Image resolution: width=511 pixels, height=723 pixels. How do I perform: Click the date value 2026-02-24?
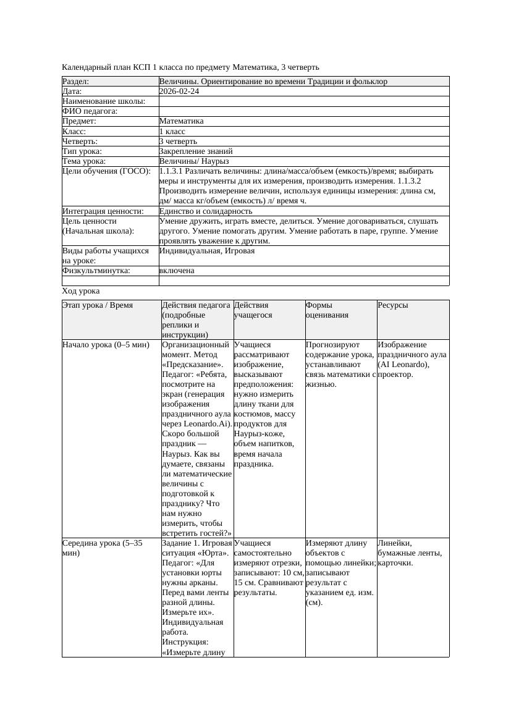click(x=179, y=91)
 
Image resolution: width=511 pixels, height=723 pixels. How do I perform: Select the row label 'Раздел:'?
click(x=76, y=82)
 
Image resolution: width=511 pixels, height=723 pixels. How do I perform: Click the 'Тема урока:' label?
click(x=84, y=161)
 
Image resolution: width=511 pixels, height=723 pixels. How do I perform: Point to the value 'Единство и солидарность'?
click(x=206, y=211)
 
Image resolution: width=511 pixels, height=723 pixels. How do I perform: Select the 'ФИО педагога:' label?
click(x=90, y=111)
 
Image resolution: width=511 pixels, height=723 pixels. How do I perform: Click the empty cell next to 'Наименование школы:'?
click(x=303, y=101)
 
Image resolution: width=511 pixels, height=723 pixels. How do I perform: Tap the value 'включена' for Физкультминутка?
click(x=177, y=271)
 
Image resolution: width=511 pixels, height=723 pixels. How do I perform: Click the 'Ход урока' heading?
click(x=81, y=291)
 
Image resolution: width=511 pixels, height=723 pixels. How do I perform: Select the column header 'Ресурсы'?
click(x=393, y=305)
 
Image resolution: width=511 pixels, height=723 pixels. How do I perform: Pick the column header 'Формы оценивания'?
click(x=327, y=310)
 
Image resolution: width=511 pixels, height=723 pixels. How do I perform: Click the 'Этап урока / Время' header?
click(x=98, y=305)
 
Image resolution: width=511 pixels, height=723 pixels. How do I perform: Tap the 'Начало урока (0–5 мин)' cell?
click(x=106, y=345)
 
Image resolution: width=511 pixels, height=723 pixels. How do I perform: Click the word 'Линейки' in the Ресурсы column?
click(x=394, y=543)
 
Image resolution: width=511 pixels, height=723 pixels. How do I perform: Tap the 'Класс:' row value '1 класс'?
click(x=172, y=132)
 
